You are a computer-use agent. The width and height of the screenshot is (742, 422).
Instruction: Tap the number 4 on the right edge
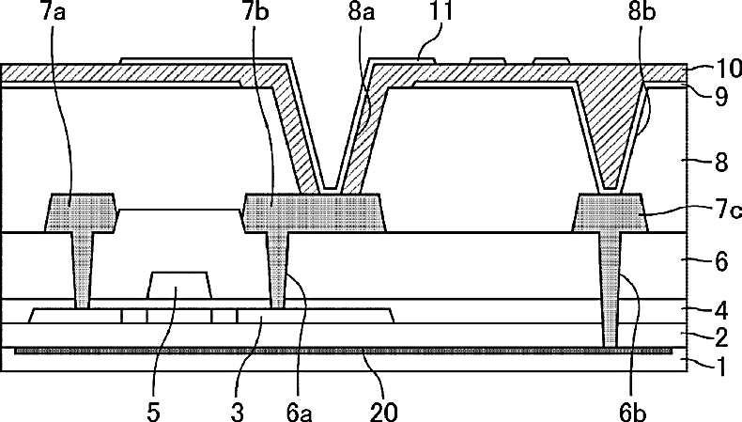click(x=721, y=309)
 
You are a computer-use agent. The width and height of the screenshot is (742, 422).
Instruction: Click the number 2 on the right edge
click(x=721, y=336)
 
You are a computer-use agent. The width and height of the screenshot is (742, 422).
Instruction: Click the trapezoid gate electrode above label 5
click(x=179, y=286)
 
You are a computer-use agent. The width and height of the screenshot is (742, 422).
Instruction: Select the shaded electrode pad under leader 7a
click(x=82, y=212)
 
